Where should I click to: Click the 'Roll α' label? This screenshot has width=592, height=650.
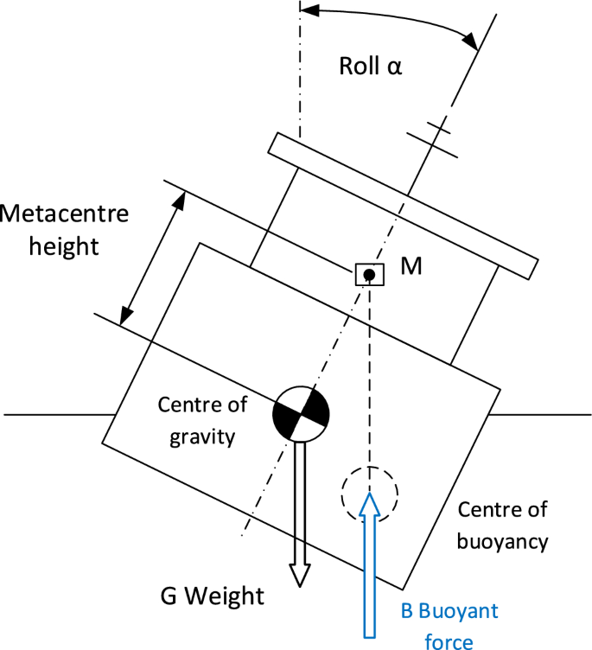[x=370, y=67]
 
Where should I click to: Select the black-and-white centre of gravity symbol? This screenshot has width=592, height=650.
[x=299, y=413]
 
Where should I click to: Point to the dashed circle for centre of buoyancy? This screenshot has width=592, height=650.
[x=369, y=494]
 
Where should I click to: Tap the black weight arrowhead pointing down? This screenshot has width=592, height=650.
[x=299, y=575]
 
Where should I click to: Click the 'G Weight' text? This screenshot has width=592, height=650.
[x=212, y=596]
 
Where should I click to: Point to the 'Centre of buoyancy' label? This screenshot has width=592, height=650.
[x=502, y=525]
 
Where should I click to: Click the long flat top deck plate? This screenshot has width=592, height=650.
[x=402, y=206]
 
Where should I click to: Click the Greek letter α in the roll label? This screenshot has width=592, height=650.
[x=394, y=67]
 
